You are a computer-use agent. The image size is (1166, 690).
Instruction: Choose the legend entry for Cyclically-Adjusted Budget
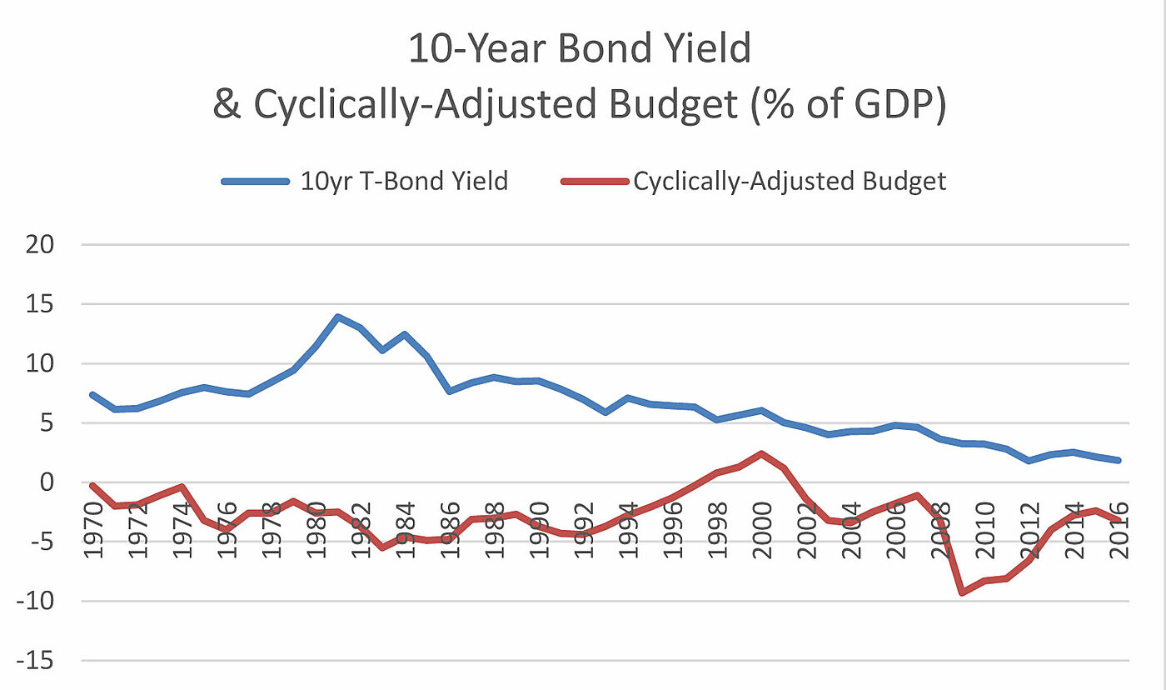[x=790, y=181]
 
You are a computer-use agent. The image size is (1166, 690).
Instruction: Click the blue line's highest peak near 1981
[x=337, y=317]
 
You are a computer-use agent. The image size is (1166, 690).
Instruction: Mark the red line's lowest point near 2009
[x=962, y=592]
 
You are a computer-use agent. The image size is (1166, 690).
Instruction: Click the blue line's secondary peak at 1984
[x=405, y=334]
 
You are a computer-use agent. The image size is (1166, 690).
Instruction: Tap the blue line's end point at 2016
[x=1118, y=460]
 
